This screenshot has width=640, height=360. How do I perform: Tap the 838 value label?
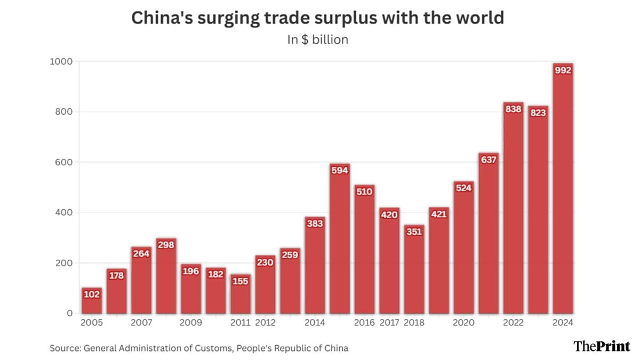513,109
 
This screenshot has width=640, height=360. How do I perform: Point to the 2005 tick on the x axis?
91,323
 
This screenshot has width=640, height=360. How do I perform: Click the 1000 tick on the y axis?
61,62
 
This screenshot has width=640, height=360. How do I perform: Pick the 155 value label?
241,281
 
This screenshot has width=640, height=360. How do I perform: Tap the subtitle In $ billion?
317,40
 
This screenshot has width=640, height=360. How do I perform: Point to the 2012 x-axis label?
265,323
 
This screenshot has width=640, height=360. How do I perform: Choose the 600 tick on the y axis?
64,162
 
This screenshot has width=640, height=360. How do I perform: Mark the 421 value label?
439,214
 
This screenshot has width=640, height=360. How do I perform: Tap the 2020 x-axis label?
463,323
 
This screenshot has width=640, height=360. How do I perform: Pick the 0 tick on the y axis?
69,314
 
